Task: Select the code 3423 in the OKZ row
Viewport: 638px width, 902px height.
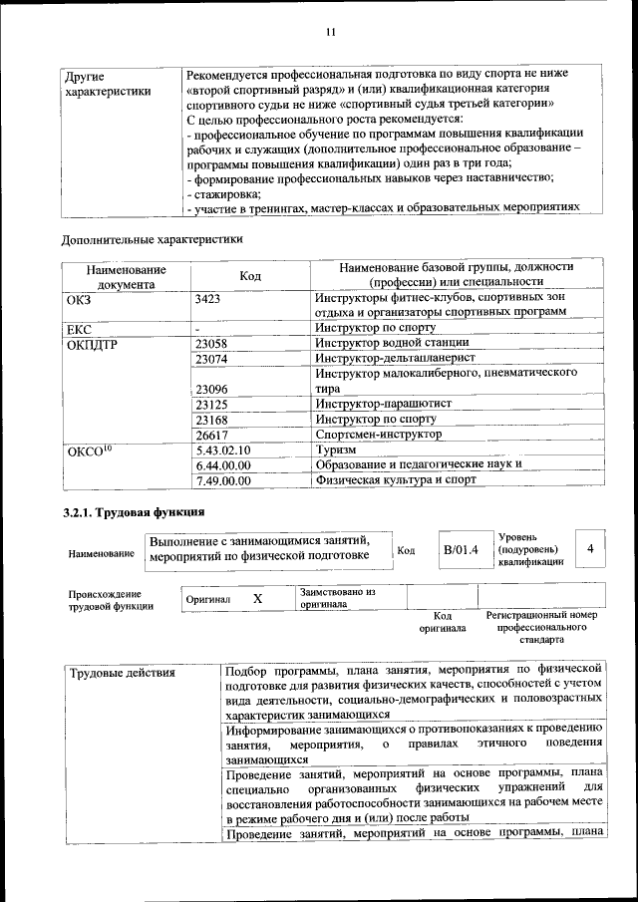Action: pyautogui.click(x=210, y=298)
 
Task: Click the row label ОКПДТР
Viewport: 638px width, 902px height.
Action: pyautogui.click(x=93, y=343)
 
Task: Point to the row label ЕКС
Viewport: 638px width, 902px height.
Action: pyautogui.click(x=79, y=328)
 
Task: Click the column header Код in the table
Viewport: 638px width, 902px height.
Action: pyautogui.click(x=250, y=276)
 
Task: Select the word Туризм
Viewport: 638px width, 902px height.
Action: pyautogui.click(x=335, y=451)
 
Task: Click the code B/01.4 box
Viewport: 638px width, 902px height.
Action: pyautogui.click(x=462, y=549)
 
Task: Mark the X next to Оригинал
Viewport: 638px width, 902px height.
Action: pyautogui.click(x=257, y=599)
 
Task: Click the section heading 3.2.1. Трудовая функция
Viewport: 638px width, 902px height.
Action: pyautogui.click(x=134, y=512)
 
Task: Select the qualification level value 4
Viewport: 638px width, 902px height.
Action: pyautogui.click(x=591, y=549)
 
